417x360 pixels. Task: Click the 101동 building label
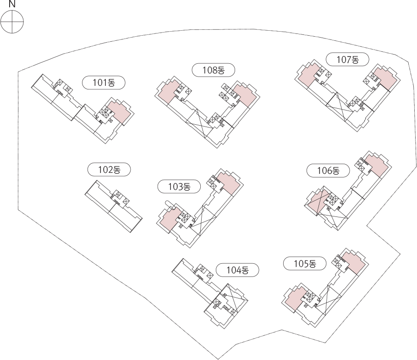coord(104,83)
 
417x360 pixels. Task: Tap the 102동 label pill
coord(110,170)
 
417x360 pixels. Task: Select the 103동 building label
coord(179,187)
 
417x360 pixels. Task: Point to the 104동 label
coord(237,270)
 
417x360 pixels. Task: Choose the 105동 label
coord(305,264)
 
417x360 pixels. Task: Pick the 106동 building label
coord(328,171)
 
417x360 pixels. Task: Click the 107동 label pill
coord(348,60)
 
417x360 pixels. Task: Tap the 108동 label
coord(214,70)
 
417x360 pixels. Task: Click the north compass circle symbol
coord(12,22)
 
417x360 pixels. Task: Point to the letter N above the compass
coord(12,4)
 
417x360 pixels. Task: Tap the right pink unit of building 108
coord(245,95)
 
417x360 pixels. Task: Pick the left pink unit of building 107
coord(308,75)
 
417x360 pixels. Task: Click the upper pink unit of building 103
coord(229,183)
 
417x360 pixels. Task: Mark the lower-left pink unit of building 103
coord(170,220)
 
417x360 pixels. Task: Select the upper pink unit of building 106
coord(377,166)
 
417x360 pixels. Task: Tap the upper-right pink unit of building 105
coord(354,262)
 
